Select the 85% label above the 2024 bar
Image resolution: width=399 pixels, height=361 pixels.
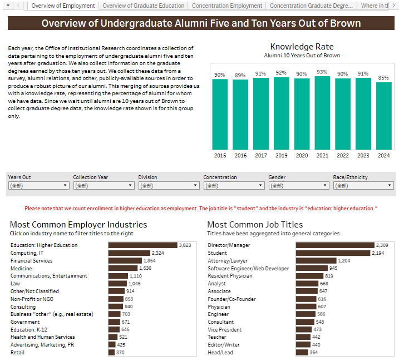[383, 78]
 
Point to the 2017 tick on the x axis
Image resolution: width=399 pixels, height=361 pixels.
[260, 156]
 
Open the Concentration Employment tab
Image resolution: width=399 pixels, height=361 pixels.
[226, 6]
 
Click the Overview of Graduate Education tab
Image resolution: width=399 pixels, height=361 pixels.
[143, 6]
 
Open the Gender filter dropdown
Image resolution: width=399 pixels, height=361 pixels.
[299, 186]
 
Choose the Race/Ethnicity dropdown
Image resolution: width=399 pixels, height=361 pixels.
[364, 186]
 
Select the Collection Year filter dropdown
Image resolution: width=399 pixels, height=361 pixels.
[104, 186]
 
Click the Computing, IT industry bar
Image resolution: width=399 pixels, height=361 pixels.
[129, 253]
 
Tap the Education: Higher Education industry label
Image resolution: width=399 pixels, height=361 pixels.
[44, 245]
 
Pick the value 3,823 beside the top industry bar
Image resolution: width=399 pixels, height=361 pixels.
[185, 245]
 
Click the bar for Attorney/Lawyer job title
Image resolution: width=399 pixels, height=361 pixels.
[316, 260]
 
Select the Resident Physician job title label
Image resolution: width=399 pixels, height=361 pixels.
[231, 276]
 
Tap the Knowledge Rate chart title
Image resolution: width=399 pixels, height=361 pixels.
[302, 47]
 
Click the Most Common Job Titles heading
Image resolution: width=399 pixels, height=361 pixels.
[255, 225]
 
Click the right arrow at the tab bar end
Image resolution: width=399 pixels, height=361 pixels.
[394, 6]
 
